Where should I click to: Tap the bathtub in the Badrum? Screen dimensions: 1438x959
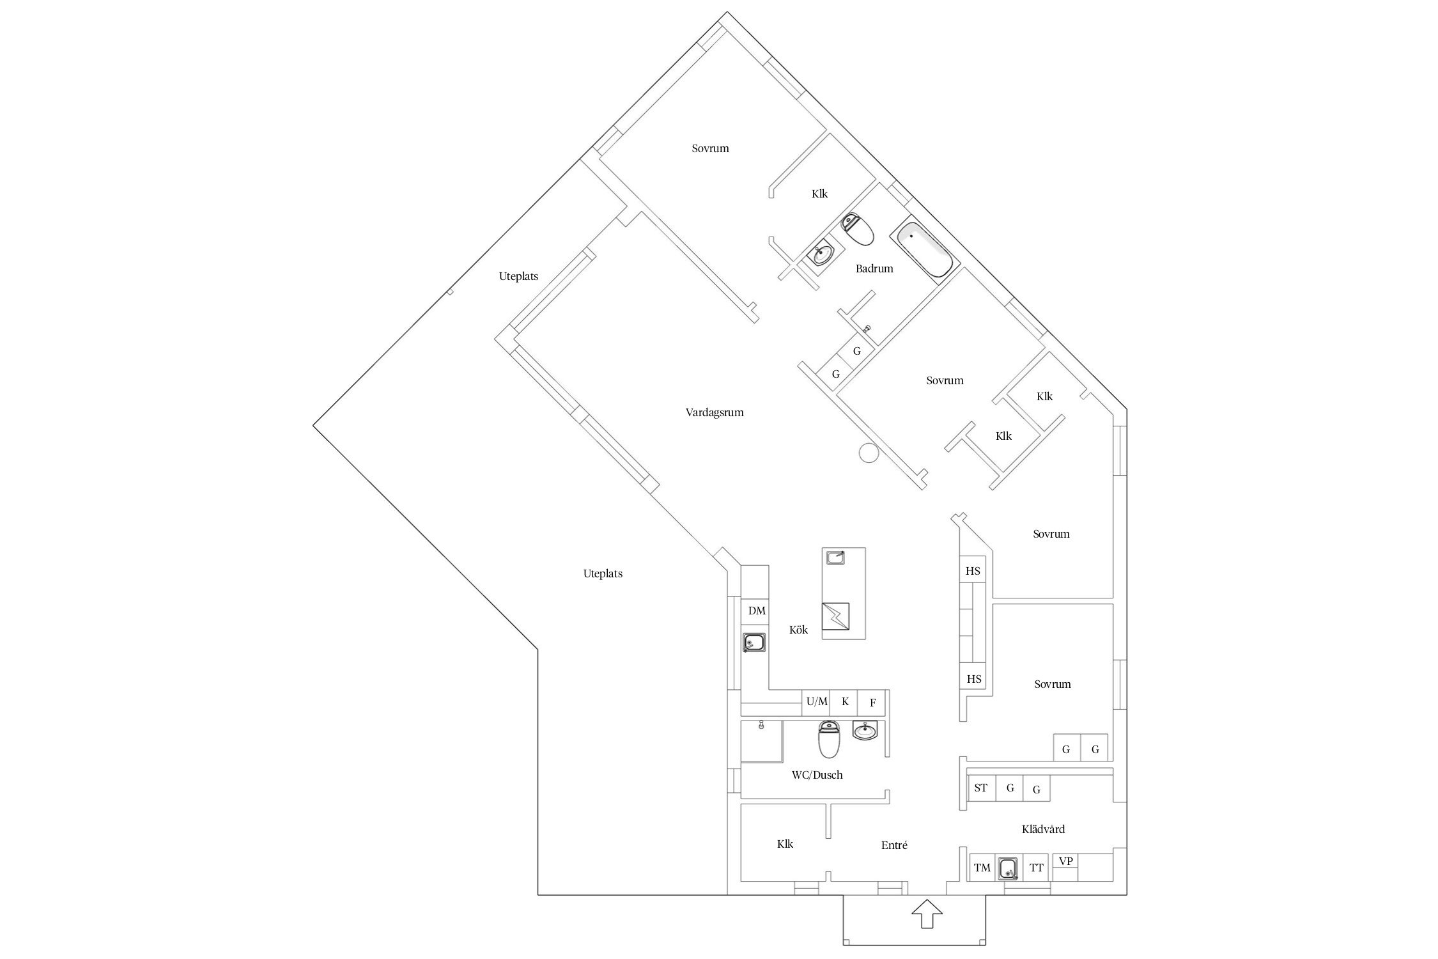pyautogui.click(x=924, y=249)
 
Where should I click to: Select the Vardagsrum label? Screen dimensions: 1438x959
pyautogui.click(x=715, y=412)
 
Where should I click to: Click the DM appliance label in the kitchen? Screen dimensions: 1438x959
pyautogui.click(x=757, y=611)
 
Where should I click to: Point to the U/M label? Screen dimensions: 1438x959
pyautogui.click(x=817, y=701)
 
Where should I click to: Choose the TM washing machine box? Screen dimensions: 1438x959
pyautogui.click(x=982, y=868)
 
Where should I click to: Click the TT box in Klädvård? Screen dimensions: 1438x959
pyautogui.click(x=1036, y=868)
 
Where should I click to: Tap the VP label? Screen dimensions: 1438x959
pyautogui.click(x=1065, y=861)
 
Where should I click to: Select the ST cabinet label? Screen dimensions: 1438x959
pyautogui.click(x=980, y=788)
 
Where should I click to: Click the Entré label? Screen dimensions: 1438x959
pyautogui.click(x=894, y=845)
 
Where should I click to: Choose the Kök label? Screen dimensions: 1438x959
pyautogui.click(x=798, y=630)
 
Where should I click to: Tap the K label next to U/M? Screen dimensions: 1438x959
pyautogui.click(x=845, y=701)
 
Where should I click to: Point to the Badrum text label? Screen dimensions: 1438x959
pyautogui.click(x=874, y=269)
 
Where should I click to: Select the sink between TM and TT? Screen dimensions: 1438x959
pyautogui.click(x=1009, y=868)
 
